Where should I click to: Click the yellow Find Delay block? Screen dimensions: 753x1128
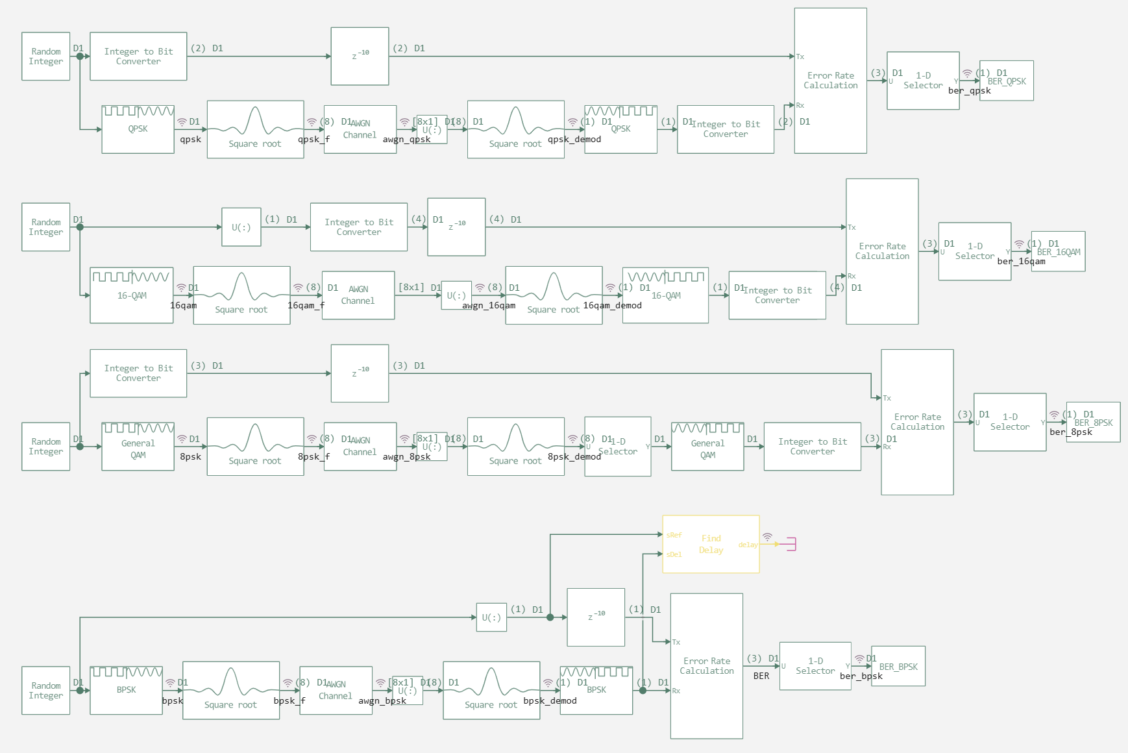711,544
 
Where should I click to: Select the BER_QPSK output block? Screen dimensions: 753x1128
1007,80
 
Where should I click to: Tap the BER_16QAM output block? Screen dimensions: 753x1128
1058,251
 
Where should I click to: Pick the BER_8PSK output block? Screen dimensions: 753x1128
1093,422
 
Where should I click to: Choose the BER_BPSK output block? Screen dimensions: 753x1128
898,666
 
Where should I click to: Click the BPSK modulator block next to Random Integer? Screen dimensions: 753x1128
126,690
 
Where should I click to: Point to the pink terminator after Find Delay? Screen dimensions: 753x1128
789,544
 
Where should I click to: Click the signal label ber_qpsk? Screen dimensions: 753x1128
969,91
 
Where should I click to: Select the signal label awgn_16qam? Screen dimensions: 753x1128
489,306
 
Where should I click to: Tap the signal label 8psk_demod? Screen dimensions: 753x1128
574,457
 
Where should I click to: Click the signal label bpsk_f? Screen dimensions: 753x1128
289,701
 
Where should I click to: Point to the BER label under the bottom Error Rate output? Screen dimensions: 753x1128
761,676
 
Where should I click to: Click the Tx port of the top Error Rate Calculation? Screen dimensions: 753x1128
800,56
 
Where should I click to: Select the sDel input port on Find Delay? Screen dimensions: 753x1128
673,554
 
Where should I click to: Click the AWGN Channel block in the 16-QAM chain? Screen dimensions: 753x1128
358,295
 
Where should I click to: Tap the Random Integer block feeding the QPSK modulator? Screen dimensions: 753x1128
45,56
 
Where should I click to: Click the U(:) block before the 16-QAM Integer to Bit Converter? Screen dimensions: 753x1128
241,227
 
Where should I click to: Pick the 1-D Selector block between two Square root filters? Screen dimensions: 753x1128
617,447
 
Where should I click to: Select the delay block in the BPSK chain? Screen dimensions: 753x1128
596,617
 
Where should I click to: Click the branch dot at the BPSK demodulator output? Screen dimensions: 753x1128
643,691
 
